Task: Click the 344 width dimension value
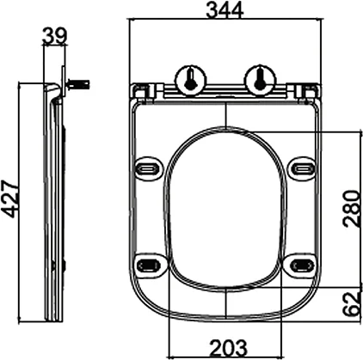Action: pos(224,10)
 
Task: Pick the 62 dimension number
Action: pos(351,302)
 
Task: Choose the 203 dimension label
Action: pos(225,349)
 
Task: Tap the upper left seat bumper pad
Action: pos(150,167)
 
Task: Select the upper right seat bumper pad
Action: pos(301,167)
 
